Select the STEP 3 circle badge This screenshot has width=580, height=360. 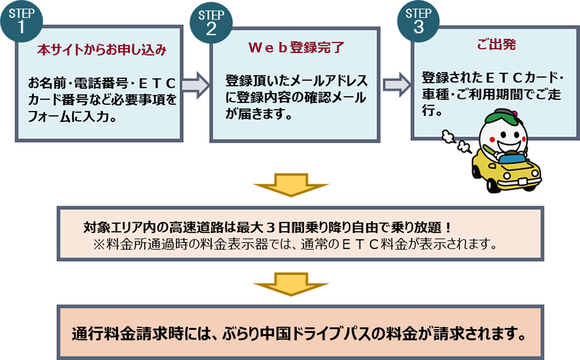pyautogui.click(x=419, y=21)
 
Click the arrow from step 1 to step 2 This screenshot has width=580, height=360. pyautogui.click(x=196, y=85)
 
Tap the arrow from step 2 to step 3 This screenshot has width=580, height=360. pyautogui.click(x=397, y=84)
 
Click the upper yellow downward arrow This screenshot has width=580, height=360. pyautogui.click(x=289, y=186)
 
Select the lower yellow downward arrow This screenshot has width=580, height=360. pyautogui.click(x=289, y=284)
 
